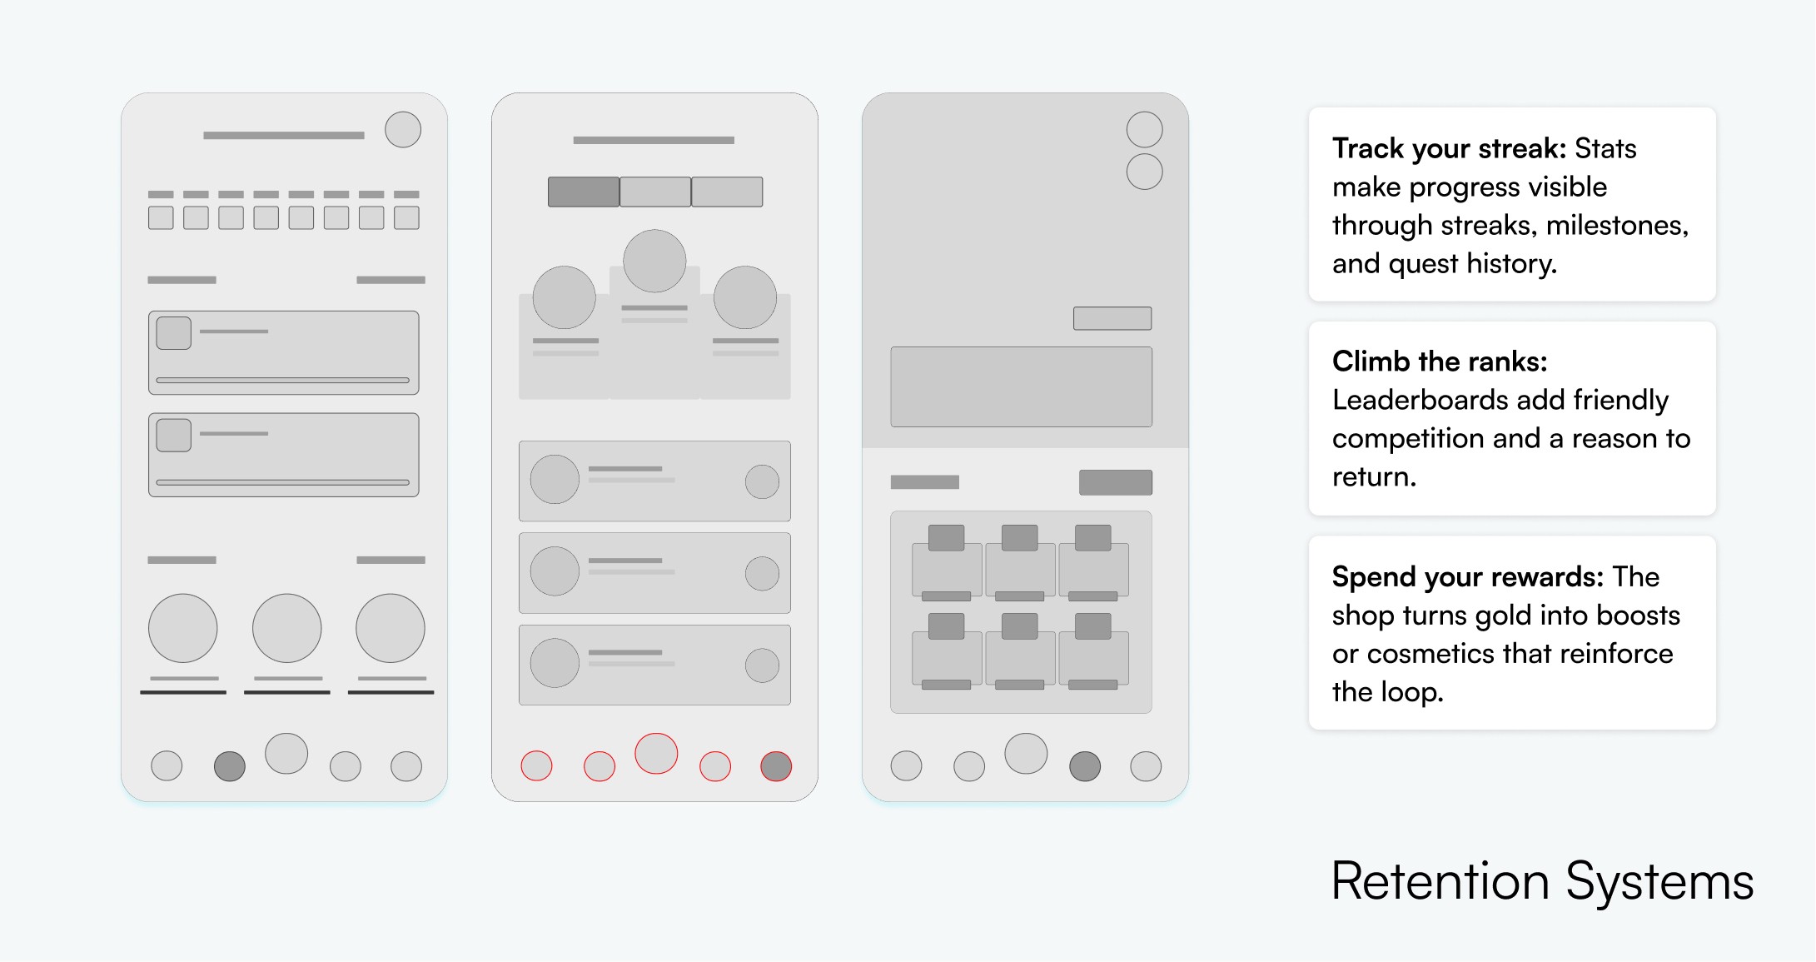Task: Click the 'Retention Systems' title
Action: pyautogui.click(x=1542, y=881)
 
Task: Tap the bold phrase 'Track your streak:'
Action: pyautogui.click(x=1450, y=148)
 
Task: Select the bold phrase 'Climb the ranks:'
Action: pyautogui.click(x=1440, y=361)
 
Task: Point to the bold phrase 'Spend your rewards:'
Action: pyautogui.click(x=1467, y=576)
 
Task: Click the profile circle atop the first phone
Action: pyautogui.click(x=403, y=130)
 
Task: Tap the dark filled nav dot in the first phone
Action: pyautogui.click(x=230, y=766)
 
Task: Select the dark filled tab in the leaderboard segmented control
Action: pyautogui.click(x=584, y=192)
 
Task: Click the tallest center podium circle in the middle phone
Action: pyautogui.click(x=654, y=261)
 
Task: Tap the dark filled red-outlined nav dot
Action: pyautogui.click(x=776, y=766)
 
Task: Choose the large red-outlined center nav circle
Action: pyautogui.click(x=656, y=754)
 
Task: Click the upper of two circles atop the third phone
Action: pyautogui.click(x=1145, y=130)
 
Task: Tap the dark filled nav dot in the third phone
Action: pyautogui.click(x=1085, y=766)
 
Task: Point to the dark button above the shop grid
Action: pyautogui.click(x=1116, y=482)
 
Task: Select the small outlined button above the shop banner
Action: pyautogui.click(x=1112, y=318)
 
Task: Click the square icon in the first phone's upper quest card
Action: pyautogui.click(x=174, y=333)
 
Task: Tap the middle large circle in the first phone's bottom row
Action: pyautogui.click(x=287, y=628)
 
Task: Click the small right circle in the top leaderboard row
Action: pyautogui.click(x=762, y=481)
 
